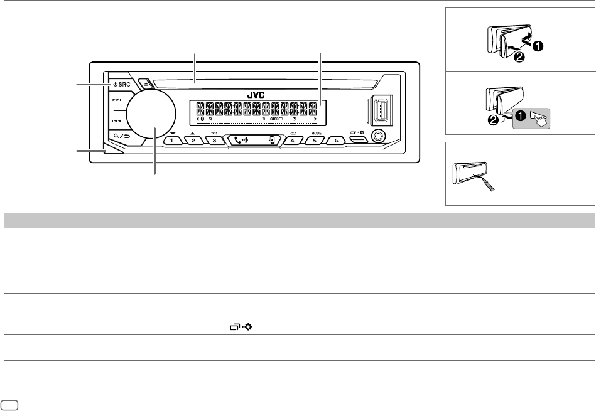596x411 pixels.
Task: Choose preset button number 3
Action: pos(214,141)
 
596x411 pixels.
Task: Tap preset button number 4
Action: pos(292,141)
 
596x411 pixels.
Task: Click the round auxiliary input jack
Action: pos(379,136)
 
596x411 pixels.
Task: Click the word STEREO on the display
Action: pos(277,119)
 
